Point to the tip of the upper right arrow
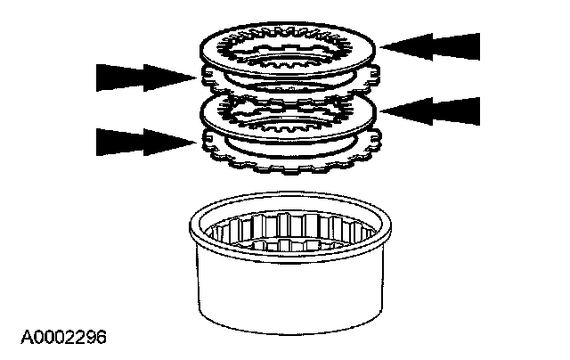(380, 46)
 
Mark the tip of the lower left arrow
(196, 142)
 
